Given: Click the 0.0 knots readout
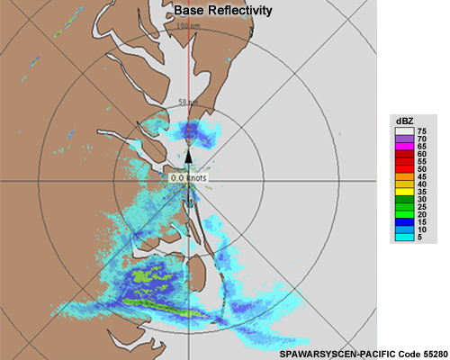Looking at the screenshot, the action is click(189, 178).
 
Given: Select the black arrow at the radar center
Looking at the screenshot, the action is click(189, 157).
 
